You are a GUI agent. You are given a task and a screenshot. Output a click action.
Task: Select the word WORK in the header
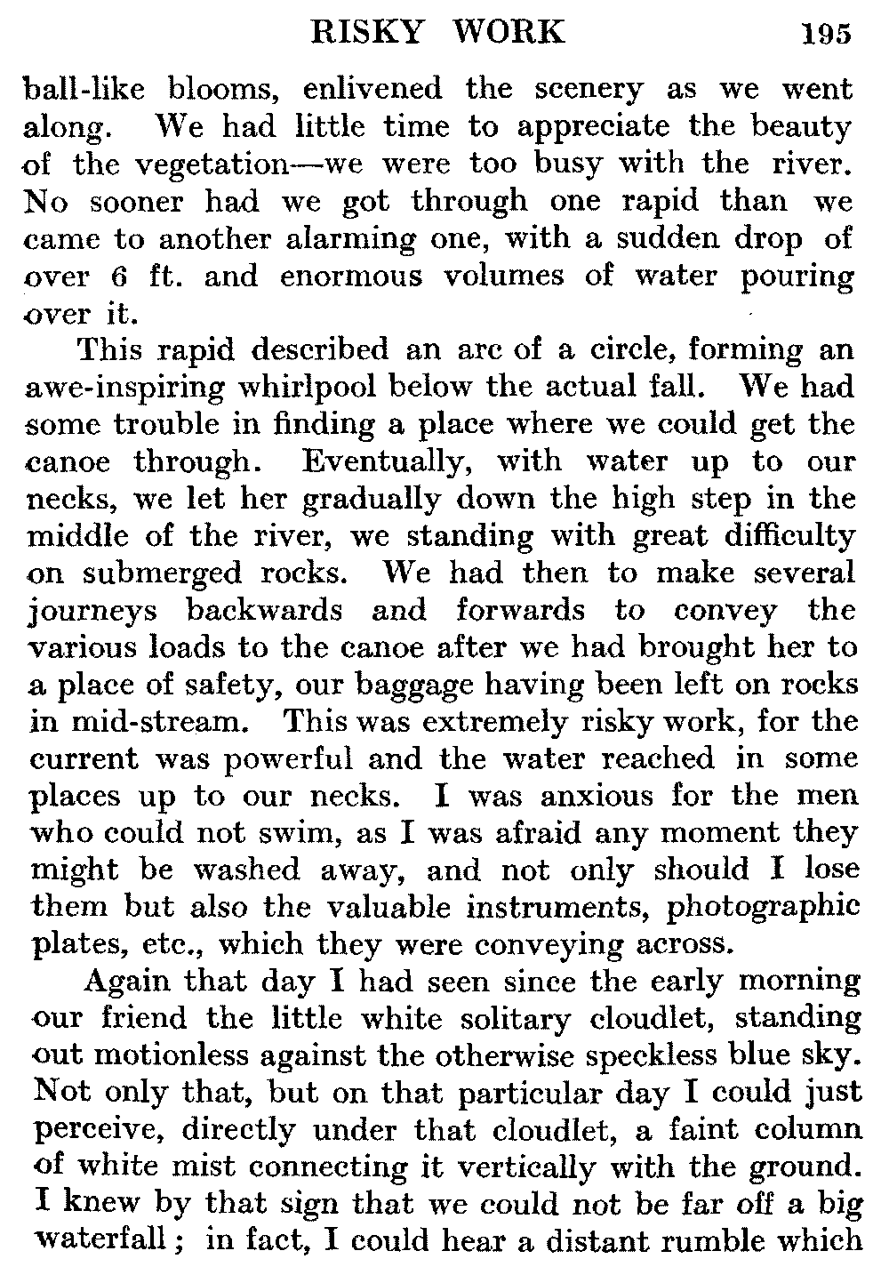(509, 32)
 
